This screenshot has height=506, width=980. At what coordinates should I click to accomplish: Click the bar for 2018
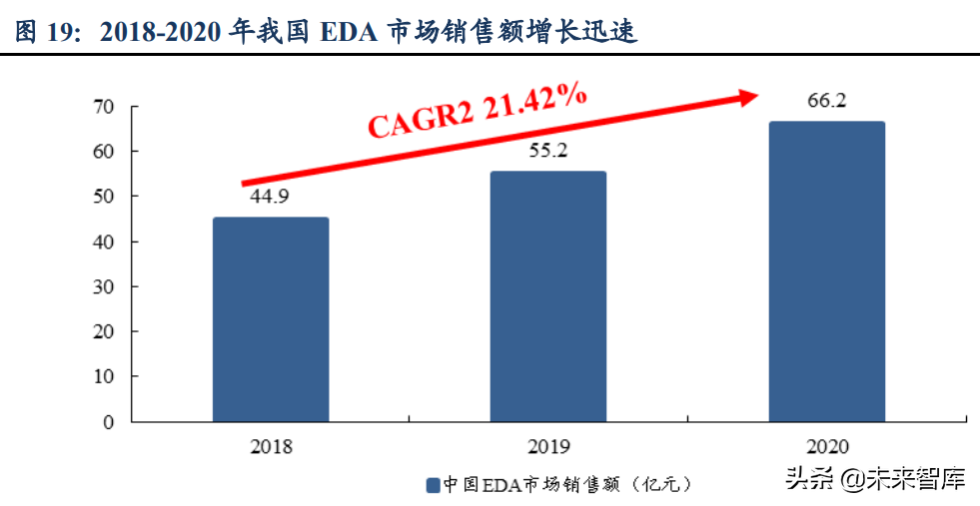pyautogui.click(x=271, y=319)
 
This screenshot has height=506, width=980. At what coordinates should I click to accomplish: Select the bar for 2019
pyautogui.click(x=547, y=296)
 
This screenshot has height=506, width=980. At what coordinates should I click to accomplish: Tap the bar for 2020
pyautogui.click(x=826, y=271)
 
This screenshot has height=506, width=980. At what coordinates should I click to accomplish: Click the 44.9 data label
pyautogui.click(x=269, y=197)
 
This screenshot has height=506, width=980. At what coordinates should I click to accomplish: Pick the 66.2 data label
pyautogui.click(x=825, y=100)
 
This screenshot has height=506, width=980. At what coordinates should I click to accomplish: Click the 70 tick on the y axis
pyautogui.click(x=104, y=106)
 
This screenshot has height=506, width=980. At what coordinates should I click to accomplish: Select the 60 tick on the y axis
pyautogui.click(x=104, y=151)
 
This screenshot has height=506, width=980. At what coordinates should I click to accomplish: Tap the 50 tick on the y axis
pyautogui.click(x=104, y=196)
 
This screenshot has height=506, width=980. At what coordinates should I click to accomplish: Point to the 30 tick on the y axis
pyautogui.click(x=104, y=286)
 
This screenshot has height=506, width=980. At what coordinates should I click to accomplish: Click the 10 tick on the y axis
pyautogui.click(x=104, y=376)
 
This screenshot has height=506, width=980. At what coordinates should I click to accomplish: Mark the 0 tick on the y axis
pyautogui.click(x=109, y=421)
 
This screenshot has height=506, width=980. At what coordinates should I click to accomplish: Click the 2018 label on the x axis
pyautogui.click(x=271, y=446)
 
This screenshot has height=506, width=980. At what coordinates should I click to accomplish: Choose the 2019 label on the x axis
pyautogui.click(x=547, y=446)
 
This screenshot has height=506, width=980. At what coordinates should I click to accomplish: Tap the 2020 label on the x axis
pyautogui.click(x=826, y=446)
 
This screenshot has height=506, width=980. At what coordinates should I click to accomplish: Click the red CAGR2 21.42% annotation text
pyautogui.click(x=477, y=110)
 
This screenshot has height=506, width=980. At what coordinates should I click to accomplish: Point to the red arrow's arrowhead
pyautogui.click(x=749, y=95)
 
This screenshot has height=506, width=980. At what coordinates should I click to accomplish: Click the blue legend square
pyautogui.click(x=433, y=485)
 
